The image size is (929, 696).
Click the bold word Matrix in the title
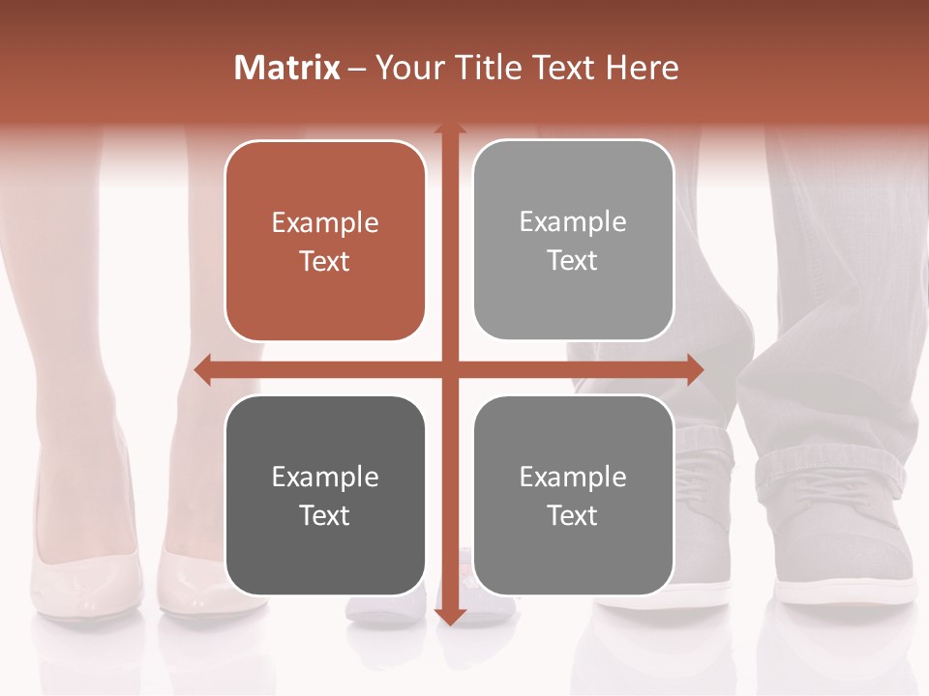click(x=287, y=68)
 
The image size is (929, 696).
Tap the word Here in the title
click(x=643, y=68)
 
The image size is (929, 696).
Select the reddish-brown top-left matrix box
click(x=325, y=242)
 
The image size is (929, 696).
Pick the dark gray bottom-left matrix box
click(x=325, y=495)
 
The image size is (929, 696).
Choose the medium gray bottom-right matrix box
click(x=573, y=495)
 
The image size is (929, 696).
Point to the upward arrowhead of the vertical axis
click(x=449, y=130)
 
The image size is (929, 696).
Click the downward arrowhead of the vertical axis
click(x=449, y=617)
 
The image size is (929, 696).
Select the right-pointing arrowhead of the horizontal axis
click(x=695, y=370)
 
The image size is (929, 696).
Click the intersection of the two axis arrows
click(x=449, y=370)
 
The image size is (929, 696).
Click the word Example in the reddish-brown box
click(x=325, y=223)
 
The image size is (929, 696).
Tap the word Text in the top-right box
click(x=573, y=260)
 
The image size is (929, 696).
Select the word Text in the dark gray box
click(x=325, y=515)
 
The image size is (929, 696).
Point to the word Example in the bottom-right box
click(x=573, y=477)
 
